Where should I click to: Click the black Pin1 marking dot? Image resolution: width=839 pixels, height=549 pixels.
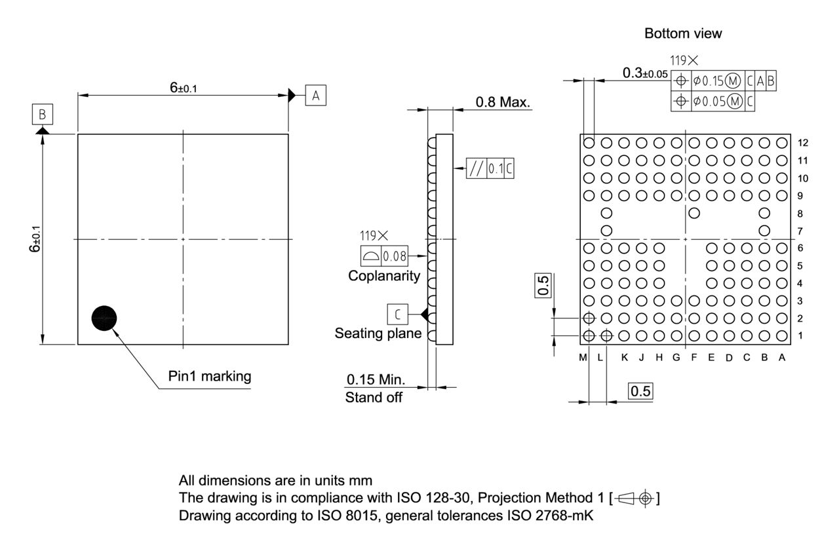click(104, 318)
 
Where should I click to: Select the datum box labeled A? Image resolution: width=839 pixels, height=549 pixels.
click(315, 96)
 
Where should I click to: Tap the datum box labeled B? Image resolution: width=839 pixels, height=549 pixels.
click(43, 115)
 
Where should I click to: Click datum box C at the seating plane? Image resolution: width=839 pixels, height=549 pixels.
click(397, 314)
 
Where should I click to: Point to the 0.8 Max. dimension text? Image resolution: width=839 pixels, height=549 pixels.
click(503, 102)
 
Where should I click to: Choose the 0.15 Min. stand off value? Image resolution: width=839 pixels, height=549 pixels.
click(376, 380)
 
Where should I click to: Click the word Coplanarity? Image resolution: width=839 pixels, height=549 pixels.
click(384, 276)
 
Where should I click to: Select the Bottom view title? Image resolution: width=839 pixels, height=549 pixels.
click(683, 34)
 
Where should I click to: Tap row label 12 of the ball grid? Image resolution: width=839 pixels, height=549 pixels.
click(803, 143)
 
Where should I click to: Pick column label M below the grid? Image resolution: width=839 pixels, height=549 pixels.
click(583, 357)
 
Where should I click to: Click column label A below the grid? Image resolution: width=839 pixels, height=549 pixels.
click(781, 357)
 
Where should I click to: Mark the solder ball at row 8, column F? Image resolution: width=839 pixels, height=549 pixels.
click(694, 213)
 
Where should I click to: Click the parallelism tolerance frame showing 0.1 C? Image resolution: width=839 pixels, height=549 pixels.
click(490, 168)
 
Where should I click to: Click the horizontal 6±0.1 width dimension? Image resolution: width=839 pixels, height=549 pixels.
click(183, 88)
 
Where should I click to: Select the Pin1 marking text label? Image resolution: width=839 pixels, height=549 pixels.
click(209, 377)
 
